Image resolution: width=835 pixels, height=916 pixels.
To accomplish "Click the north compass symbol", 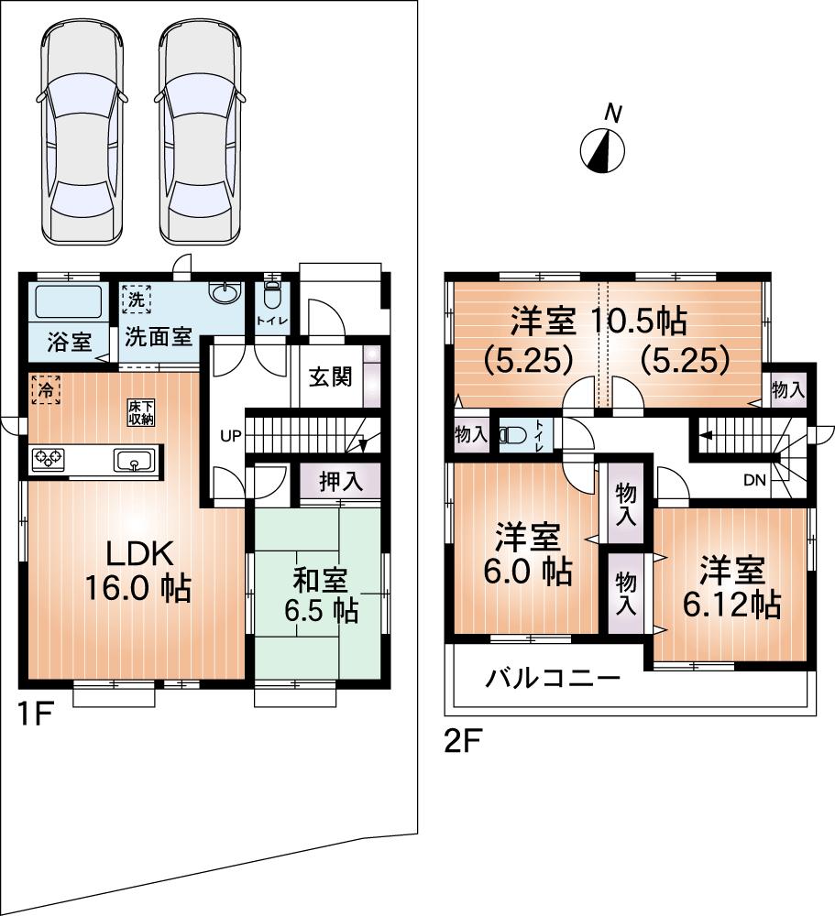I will pyautogui.click(x=603, y=149).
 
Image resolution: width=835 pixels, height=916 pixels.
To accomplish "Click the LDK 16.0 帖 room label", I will pyautogui.click(x=137, y=571).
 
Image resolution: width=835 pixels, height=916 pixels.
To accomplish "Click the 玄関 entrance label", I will pyautogui.click(x=330, y=376).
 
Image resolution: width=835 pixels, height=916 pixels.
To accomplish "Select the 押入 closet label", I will pyautogui.click(x=339, y=482).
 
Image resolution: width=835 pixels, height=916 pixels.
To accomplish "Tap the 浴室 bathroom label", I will pyautogui.click(x=69, y=342).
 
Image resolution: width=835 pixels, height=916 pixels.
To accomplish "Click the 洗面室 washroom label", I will pyautogui.click(x=158, y=336).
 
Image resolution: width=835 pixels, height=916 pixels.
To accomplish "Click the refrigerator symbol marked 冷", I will pyautogui.click(x=44, y=389).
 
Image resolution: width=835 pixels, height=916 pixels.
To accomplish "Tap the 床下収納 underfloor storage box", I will pyautogui.click(x=142, y=412).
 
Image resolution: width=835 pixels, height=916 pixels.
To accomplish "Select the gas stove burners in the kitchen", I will pyautogui.click(x=48, y=459).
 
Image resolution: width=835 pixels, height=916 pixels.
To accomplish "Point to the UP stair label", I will pyautogui.click(x=230, y=435).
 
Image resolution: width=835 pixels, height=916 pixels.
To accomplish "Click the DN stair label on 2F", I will pyautogui.click(x=754, y=479).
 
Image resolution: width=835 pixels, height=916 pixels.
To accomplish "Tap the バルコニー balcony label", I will pyautogui.click(x=553, y=679).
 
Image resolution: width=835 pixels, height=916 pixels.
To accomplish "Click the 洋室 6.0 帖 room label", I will pyautogui.click(x=530, y=554).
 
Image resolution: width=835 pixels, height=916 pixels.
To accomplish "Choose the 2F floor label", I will pyautogui.click(x=465, y=740).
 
